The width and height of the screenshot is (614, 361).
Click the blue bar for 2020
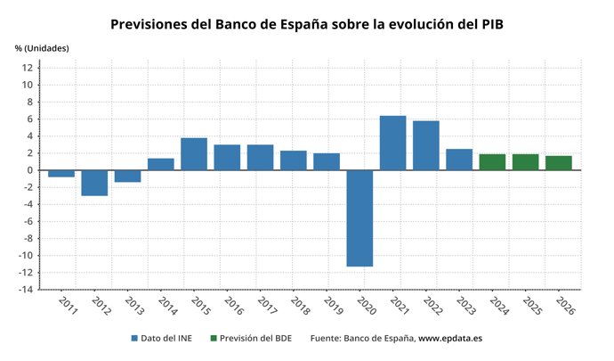[360, 218]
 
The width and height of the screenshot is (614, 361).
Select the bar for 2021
[392, 143]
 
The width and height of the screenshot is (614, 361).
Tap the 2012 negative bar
[94, 183]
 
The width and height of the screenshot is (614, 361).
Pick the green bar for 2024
[492, 162]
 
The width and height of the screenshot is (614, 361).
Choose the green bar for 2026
[559, 163]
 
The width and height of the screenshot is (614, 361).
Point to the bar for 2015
[194, 154]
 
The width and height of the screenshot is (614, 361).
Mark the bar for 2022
[425, 145]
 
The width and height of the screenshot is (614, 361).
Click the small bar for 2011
[61, 174]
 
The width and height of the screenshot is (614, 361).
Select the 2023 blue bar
[459, 160]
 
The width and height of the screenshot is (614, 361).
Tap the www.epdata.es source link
[450, 339]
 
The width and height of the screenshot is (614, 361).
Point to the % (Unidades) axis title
[42, 47]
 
